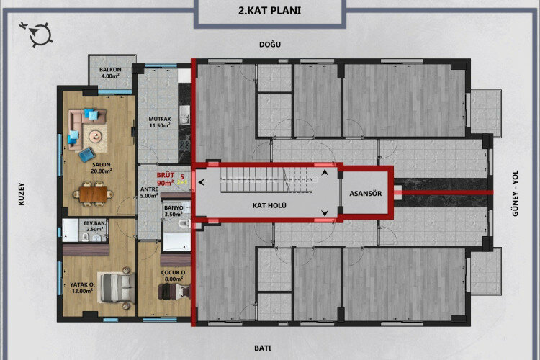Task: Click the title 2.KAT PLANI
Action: [x=269, y=12]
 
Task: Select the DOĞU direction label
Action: [x=270, y=45]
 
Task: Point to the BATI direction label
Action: [x=262, y=348]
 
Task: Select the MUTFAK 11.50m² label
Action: [x=159, y=122]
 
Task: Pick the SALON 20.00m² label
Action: [x=101, y=168]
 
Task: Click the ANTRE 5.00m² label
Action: [x=149, y=192]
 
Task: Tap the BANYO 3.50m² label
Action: [x=176, y=211]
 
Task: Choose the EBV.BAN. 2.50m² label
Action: [x=95, y=225]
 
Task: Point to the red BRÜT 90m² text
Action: [x=168, y=179]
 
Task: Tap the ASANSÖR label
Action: [x=365, y=193]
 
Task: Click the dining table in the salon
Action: [x=95, y=192]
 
